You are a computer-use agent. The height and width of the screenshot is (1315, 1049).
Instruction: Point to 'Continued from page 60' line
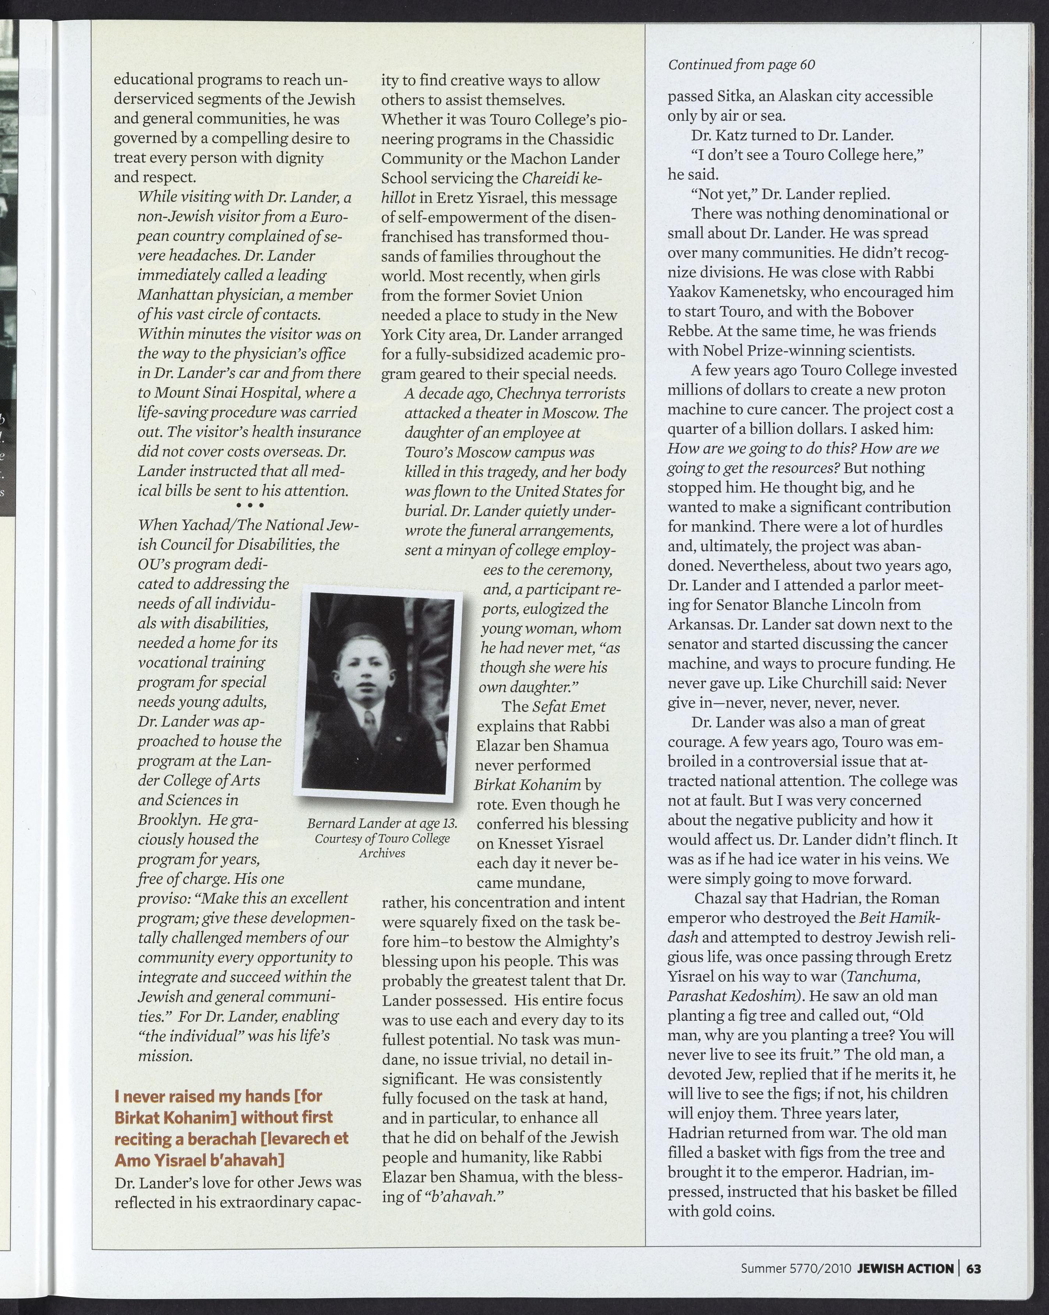(741, 65)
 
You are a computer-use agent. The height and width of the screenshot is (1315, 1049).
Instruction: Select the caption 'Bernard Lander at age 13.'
(382, 823)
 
